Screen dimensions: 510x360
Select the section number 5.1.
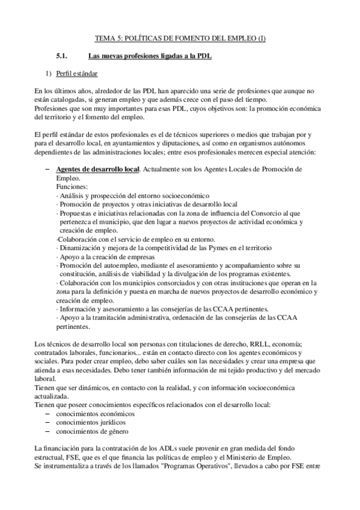[x=64, y=57]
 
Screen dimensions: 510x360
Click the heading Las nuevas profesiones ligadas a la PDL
[x=150, y=57]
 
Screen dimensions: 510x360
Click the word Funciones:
[x=71, y=187]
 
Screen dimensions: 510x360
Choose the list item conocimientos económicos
[x=95, y=414]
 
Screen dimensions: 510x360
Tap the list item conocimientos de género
[x=91, y=431]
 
